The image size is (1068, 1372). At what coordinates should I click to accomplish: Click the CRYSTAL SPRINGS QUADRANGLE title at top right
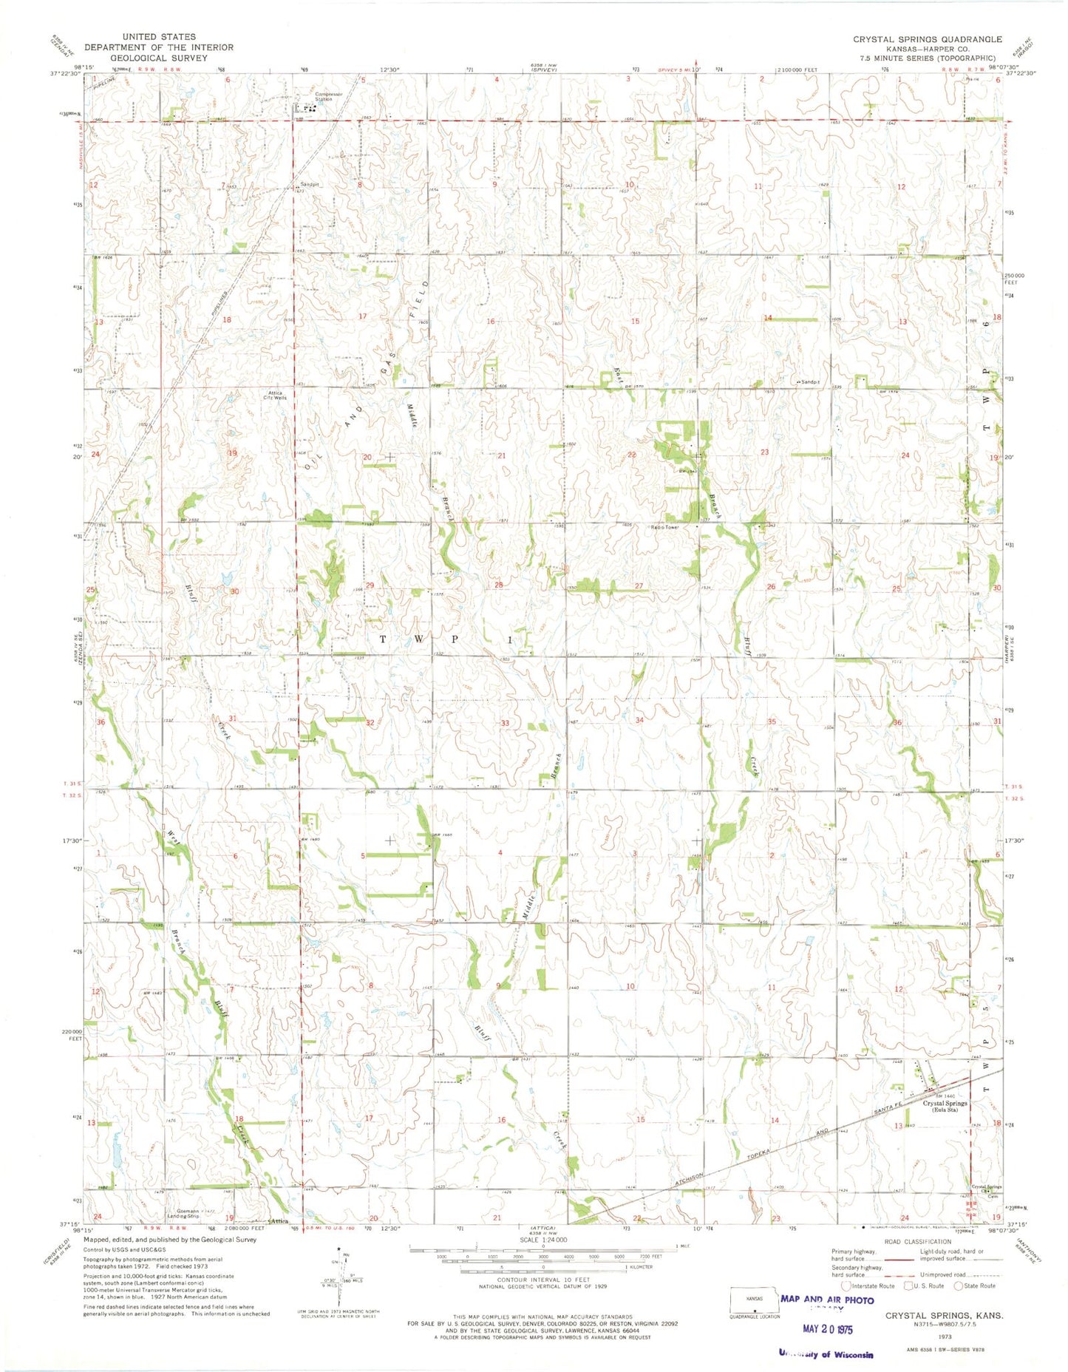point(927,39)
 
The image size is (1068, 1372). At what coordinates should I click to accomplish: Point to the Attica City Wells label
point(276,395)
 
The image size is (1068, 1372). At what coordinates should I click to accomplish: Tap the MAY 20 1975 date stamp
point(827,1328)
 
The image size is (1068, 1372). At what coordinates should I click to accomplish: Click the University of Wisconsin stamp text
point(826,1354)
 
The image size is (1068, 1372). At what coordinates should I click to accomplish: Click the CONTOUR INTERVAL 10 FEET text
point(542,1280)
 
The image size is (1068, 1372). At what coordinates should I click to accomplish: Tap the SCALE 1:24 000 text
point(542,1240)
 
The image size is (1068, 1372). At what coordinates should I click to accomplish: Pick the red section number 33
point(505,722)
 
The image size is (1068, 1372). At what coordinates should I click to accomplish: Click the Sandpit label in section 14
point(810,381)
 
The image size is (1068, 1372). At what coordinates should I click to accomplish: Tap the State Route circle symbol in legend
point(959,1286)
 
